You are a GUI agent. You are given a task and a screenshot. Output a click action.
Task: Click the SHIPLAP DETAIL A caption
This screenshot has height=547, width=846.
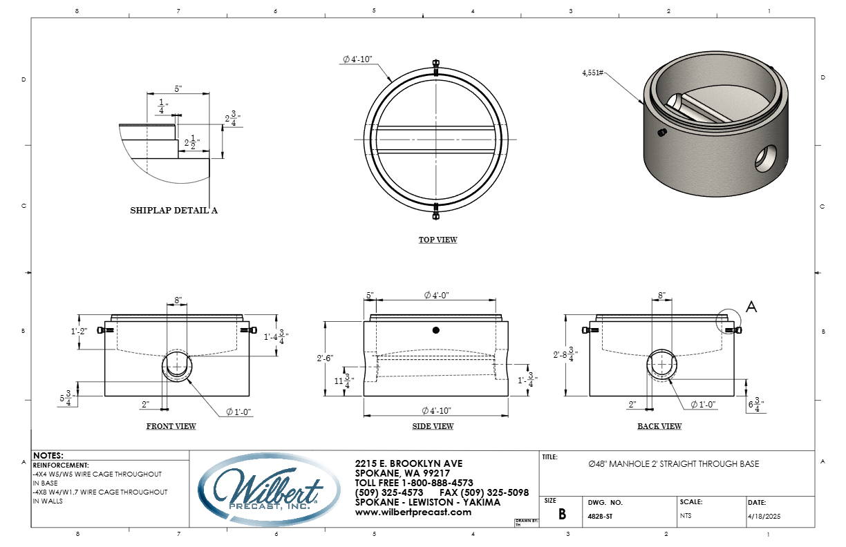coord(173,210)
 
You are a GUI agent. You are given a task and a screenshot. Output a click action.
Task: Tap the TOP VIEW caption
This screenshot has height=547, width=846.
coord(438,240)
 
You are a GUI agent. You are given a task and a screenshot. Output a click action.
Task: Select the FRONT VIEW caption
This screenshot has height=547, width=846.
coord(171,426)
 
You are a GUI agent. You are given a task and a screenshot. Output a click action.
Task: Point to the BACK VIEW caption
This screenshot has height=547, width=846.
coord(659,426)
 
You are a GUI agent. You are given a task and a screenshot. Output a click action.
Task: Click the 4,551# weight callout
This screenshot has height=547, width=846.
coord(592,73)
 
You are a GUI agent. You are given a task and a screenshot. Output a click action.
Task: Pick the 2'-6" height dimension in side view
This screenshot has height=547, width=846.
coord(325,358)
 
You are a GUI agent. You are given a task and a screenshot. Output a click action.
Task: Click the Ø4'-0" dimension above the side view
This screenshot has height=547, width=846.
coord(436,295)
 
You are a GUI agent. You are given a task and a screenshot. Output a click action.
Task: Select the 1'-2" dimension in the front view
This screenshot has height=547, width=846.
coord(79,331)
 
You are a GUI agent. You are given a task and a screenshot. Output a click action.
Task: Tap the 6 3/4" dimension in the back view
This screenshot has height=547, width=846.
coord(756,405)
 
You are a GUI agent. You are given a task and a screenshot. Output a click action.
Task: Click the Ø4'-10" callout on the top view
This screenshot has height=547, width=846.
coord(357,59)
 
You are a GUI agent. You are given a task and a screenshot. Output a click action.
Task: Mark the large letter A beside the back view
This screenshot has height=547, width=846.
coord(751,307)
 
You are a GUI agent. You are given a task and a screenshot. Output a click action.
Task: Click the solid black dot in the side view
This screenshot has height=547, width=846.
coord(436,330)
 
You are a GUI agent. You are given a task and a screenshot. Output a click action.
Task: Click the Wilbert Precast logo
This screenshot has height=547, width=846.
coord(269,490)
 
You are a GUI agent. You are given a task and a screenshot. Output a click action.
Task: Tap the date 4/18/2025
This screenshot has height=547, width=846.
coord(764,517)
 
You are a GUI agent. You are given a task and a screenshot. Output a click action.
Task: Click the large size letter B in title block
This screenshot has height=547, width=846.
coord(562,514)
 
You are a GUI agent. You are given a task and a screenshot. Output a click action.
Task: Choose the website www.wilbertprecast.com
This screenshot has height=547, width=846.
coord(413,512)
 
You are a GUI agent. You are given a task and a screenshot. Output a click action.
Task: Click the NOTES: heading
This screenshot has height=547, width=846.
coord(48,456)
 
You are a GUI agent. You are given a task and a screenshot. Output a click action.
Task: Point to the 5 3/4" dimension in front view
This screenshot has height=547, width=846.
coord(67,398)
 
